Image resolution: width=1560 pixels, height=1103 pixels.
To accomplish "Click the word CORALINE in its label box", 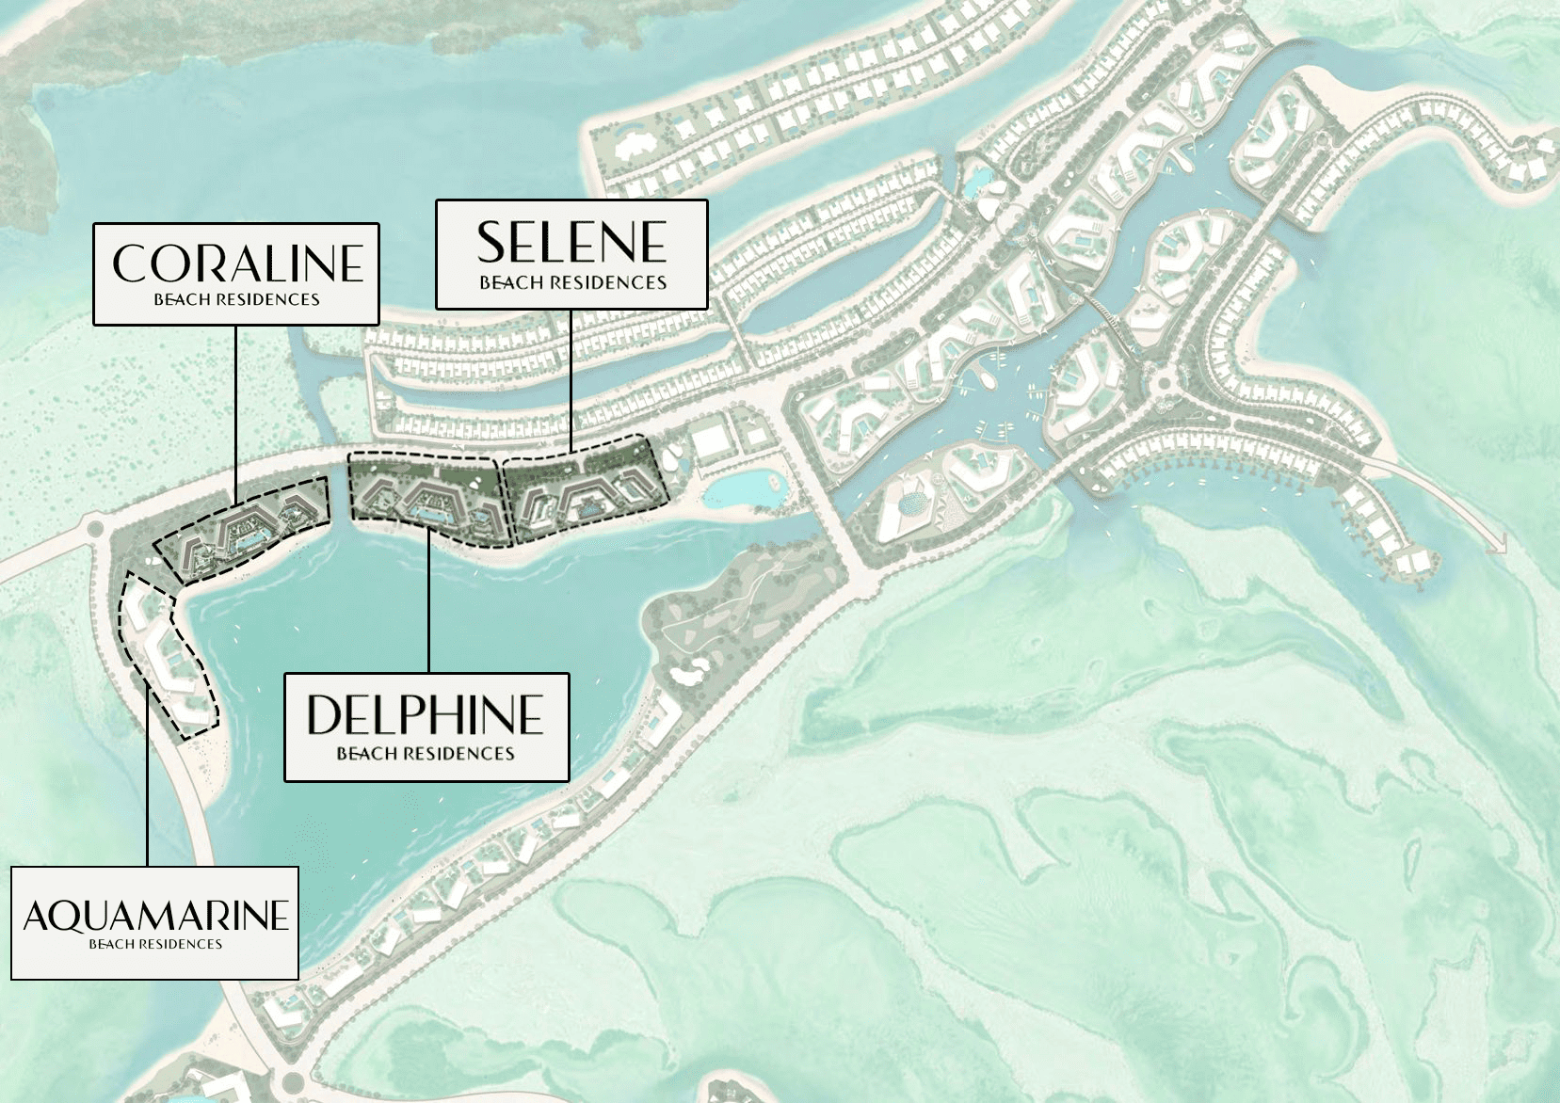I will click(237, 264).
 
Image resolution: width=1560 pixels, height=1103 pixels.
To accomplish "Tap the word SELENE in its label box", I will click(571, 243).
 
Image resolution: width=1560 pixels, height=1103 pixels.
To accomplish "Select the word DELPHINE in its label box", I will click(426, 715).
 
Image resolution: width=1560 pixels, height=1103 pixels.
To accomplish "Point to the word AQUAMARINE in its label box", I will click(155, 915).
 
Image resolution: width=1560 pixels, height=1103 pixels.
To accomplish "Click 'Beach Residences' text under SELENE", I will click(572, 282).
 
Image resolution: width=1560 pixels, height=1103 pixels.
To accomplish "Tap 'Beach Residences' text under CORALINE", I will click(237, 300).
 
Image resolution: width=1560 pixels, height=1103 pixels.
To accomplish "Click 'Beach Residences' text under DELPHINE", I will click(426, 754).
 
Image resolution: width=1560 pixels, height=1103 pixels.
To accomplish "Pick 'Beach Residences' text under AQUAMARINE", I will click(155, 944).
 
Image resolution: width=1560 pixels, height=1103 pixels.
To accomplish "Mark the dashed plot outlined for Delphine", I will click(428, 496).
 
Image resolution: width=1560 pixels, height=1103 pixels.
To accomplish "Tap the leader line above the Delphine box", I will click(428, 602).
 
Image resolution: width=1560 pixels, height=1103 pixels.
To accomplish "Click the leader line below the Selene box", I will click(571, 376).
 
